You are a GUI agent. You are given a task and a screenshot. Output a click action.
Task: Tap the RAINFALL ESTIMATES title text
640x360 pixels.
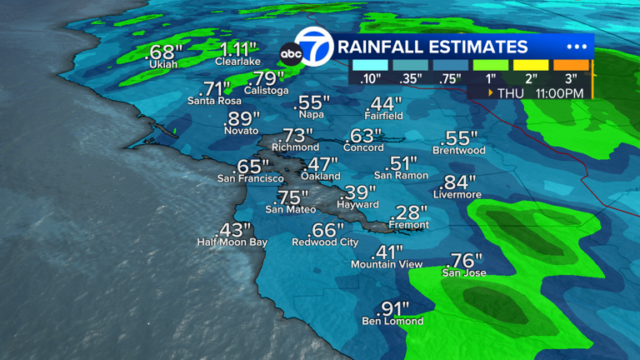432,47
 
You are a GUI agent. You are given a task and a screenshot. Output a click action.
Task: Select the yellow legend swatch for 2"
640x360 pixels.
531,65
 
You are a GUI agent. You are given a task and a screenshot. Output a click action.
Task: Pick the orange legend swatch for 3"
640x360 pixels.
572,65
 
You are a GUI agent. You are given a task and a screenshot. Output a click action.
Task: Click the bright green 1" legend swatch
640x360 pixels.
491,65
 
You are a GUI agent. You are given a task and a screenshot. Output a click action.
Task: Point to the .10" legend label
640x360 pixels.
371,79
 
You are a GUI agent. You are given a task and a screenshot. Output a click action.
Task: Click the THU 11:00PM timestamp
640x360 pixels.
539,92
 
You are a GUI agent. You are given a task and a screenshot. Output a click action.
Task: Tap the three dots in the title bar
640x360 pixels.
577,47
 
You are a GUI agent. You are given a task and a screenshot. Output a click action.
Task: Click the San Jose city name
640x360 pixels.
464,272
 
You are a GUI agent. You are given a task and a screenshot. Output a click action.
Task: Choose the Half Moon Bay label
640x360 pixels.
232,242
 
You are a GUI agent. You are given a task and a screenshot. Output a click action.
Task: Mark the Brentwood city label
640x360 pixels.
458,151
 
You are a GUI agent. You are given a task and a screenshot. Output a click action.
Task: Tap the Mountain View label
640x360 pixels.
386,264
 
